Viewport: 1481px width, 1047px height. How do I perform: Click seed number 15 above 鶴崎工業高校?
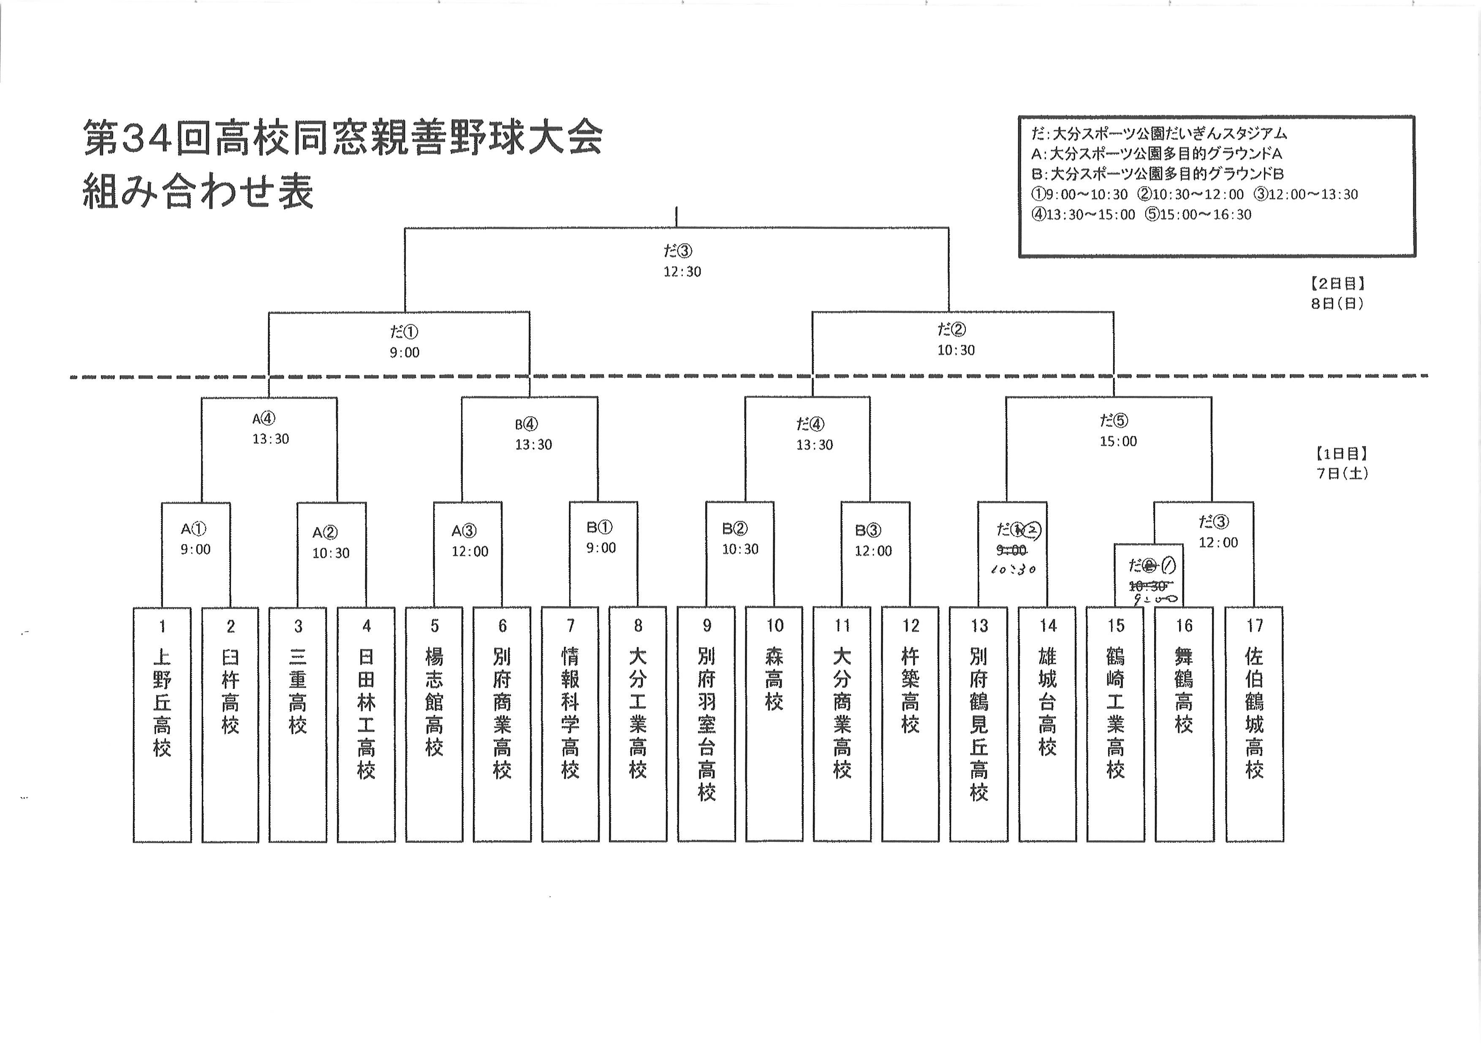click(x=1116, y=625)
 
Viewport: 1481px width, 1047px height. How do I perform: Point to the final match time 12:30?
click(x=682, y=272)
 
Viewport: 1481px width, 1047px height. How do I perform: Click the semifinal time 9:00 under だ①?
click(x=405, y=353)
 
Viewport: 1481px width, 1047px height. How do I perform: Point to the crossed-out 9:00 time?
click(x=1011, y=551)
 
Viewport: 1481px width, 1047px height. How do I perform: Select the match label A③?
click(x=464, y=531)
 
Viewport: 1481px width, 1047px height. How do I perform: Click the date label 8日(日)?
click(x=1337, y=304)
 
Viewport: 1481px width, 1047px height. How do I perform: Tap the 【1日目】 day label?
click(x=1339, y=454)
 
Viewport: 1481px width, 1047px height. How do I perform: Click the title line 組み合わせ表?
click(x=198, y=192)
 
